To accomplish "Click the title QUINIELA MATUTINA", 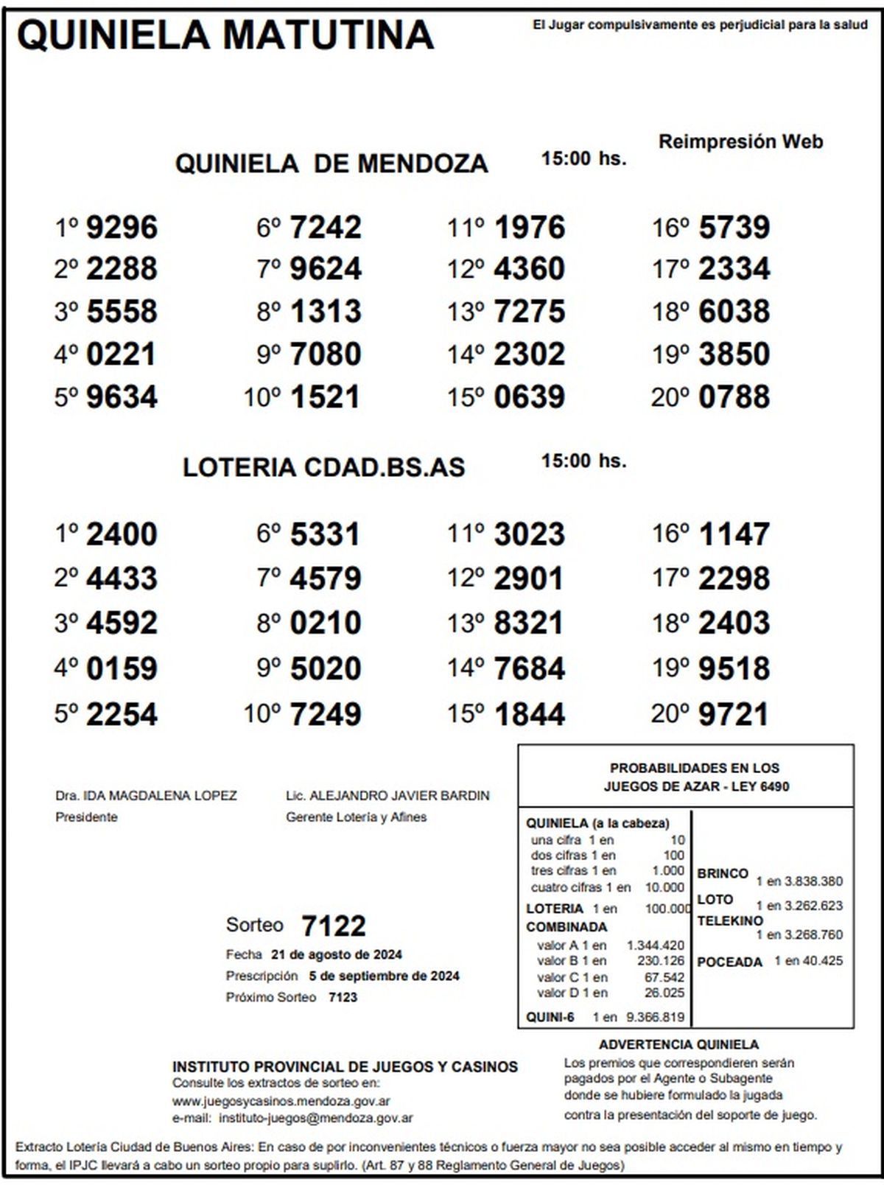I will click(225, 34).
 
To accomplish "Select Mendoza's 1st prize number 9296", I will click(122, 227).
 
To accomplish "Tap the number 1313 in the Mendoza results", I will click(326, 311).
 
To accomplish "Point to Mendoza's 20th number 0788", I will click(734, 397).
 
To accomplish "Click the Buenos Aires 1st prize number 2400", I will click(122, 534).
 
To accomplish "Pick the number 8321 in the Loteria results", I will click(529, 623).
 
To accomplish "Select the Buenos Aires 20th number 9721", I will click(733, 714).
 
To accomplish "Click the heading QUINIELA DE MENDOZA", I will click(331, 163).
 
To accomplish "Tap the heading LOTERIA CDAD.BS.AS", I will click(323, 467).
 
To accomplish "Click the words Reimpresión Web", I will click(740, 141).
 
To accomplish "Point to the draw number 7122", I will click(334, 926).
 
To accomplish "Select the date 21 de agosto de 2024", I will click(337, 955).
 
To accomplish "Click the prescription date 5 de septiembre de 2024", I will click(384, 976).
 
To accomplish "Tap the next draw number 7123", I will click(343, 997).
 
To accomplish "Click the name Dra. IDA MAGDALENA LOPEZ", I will click(146, 796).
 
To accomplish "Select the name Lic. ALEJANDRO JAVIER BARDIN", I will click(387, 796).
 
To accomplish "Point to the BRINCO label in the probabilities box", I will click(723, 873).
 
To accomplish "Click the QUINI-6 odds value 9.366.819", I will click(655, 1018).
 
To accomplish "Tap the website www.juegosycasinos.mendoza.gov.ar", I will click(281, 1101).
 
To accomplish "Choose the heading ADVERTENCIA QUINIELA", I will click(678, 1044).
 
